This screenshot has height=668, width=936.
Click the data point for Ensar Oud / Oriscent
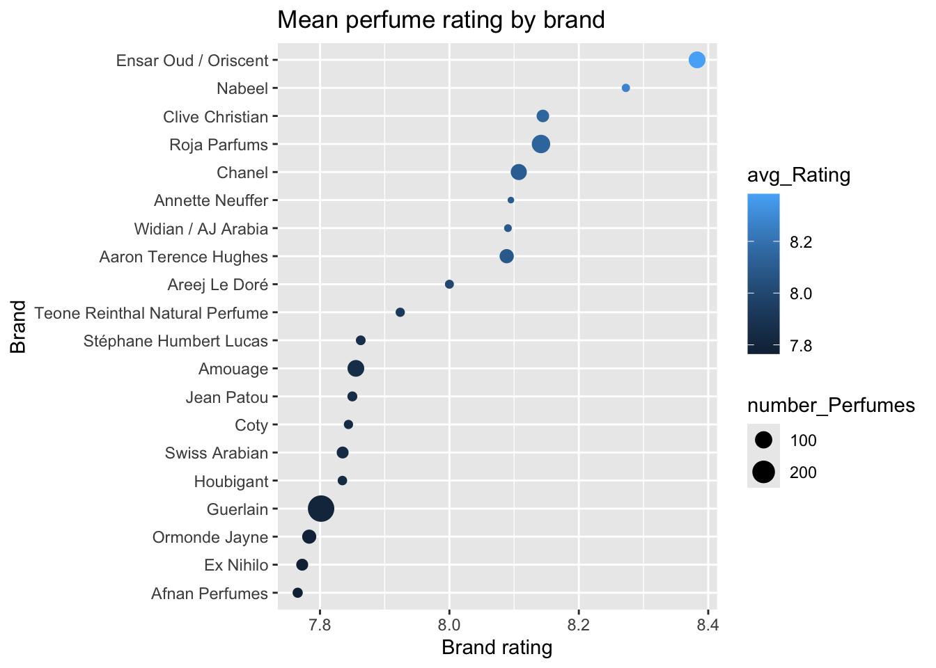click(696, 60)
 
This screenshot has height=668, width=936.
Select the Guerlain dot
click(321, 509)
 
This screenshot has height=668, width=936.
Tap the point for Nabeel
click(625, 88)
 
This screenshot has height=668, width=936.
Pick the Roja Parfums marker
click(541, 144)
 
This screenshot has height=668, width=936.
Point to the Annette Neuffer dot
click(510, 200)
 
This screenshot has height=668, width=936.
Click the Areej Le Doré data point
click(449, 284)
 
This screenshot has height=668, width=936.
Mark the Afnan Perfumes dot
click(297, 593)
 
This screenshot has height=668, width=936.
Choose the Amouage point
click(356, 368)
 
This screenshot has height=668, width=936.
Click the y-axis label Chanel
click(242, 173)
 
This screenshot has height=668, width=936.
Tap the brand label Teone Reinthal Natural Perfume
click(151, 313)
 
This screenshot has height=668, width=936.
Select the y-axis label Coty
click(251, 425)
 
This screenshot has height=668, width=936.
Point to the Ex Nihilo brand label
click(236, 565)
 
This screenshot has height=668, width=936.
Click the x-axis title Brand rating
click(497, 648)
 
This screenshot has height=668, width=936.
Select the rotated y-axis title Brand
click(19, 327)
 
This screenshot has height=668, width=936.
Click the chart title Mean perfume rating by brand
click(441, 19)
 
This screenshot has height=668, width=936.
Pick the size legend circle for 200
click(764, 472)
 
